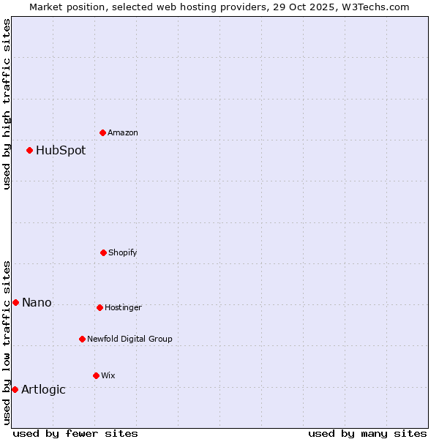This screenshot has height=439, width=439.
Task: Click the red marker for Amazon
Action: [x=103, y=132]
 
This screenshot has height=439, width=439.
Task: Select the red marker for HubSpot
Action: [x=30, y=151]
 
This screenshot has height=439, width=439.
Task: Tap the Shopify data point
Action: [x=103, y=252]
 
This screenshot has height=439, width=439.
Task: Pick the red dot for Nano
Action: [x=16, y=302]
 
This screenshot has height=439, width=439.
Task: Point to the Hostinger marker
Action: [x=100, y=307]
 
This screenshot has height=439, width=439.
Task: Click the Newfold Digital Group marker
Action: [x=82, y=339]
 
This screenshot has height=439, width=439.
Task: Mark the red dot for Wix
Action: [x=96, y=375]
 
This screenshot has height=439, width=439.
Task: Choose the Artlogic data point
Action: [x=15, y=389]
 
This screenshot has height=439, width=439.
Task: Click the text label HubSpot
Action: [x=61, y=151]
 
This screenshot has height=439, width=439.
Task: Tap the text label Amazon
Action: [x=123, y=132]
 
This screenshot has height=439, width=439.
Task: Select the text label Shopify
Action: [x=123, y=252]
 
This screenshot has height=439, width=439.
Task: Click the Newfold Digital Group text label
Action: [x=130, y=339]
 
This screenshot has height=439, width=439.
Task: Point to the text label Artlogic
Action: [x=43, y=389]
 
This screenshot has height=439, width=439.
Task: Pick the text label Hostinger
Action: [x=123, y=307]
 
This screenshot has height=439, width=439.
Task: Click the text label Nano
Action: [x=37, y=302]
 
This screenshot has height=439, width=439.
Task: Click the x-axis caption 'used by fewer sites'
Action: [x=75, y=433]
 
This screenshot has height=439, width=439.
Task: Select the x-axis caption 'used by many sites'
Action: [x=367, y=433]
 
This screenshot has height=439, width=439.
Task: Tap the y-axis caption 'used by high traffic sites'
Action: [x=7, y=104]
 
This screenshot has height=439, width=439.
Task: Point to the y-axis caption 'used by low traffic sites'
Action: [x=7, y=342]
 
